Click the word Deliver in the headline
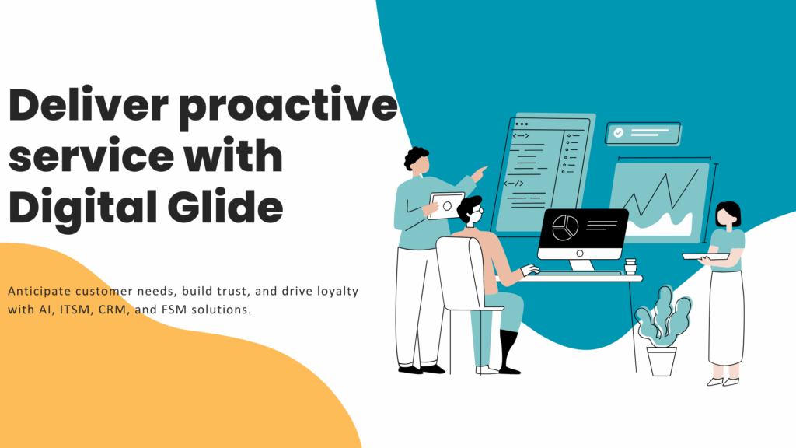pyautogui.click(x=89, y=105)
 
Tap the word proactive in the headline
pyautogui.click(x=288, y=108)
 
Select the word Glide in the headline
pyautogui.click(x=225, y=206)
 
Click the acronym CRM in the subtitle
pyautogui.click(x=112, y=310)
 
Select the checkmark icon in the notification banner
pyautogui.click(x=618, y=133)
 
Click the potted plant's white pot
pyautogui.click(x=662, y=361)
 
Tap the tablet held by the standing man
pyautogui.click(x=445, y=205)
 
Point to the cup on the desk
pyautogui.click(x=630, y=267)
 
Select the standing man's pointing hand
pyautogui.click(x=478, y=174)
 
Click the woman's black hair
pyautogui.click(x=729, y=212)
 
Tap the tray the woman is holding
pyautogui.click(x=706, y=257)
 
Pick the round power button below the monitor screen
pyautogui.click(x=580, y=254)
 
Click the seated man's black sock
pyautogui.click(x=508, y=351)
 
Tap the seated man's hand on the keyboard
pyautogui.click(x=530, y=270)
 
